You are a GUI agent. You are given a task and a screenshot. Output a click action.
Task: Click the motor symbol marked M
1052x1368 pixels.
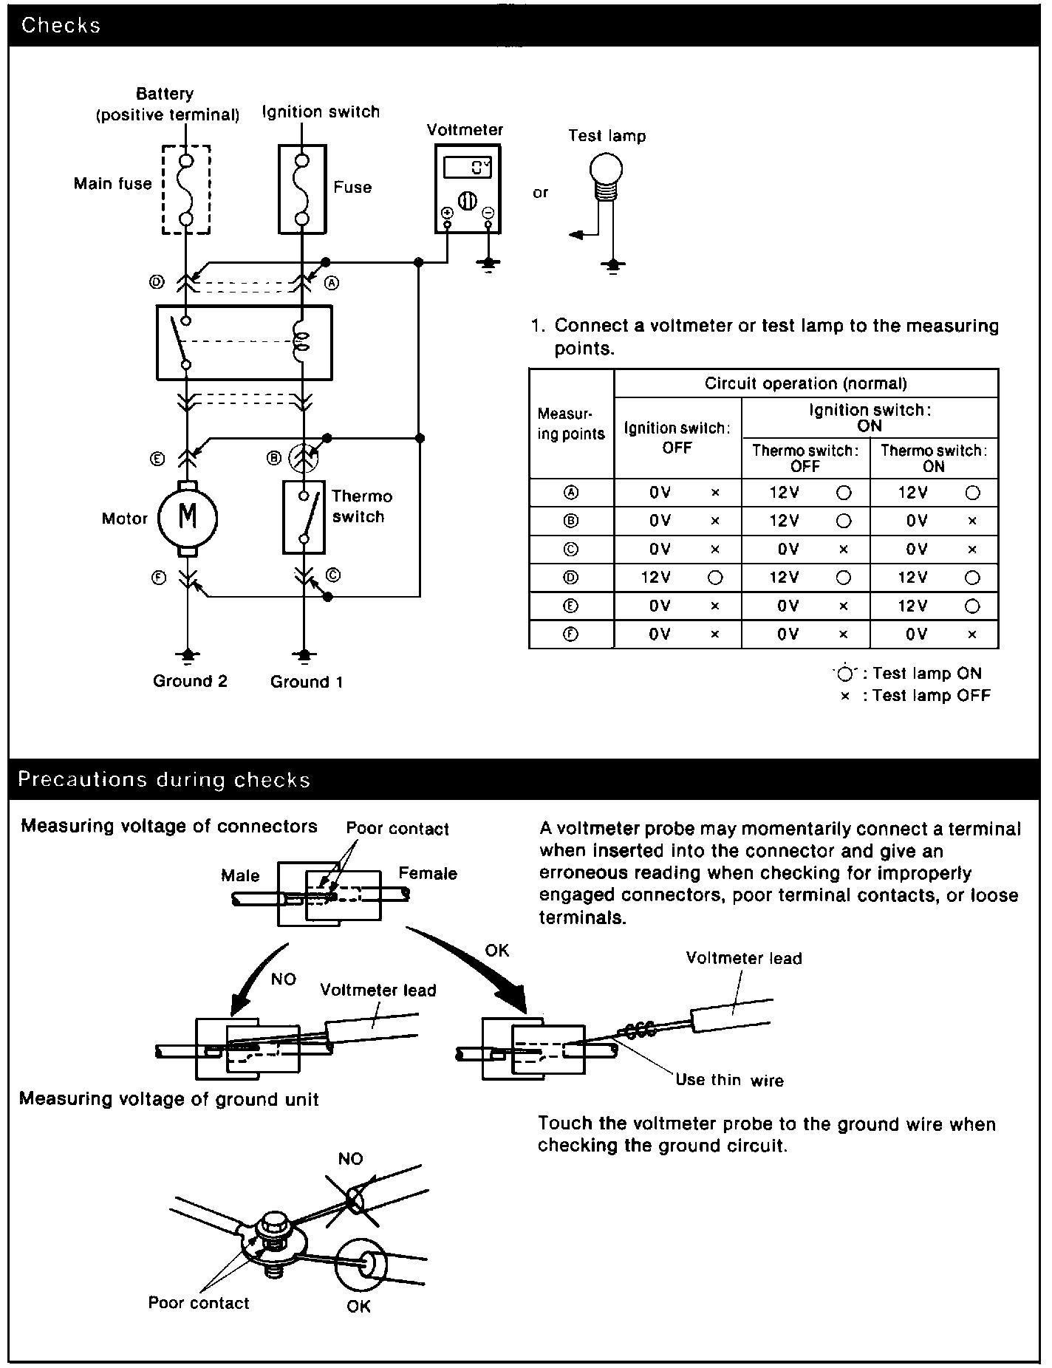188,518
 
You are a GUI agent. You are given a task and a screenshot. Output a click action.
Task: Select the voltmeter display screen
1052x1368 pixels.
466,167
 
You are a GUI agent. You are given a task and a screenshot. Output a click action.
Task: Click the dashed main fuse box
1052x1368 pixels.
186,190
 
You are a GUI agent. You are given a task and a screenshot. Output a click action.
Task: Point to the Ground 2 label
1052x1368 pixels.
190,681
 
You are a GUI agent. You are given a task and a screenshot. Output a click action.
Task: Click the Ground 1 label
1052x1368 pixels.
307,682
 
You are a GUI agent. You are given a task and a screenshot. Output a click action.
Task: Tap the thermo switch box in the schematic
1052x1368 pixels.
304,517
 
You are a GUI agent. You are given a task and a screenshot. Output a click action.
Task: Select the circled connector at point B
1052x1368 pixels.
302,458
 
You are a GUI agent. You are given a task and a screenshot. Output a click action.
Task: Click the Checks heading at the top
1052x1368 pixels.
61,25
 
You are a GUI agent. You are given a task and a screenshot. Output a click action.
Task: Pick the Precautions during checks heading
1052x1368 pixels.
164,780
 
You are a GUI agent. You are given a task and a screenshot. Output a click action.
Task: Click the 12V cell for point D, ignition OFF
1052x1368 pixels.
656,578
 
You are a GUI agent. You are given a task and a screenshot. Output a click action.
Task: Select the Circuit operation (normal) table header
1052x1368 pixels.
805,383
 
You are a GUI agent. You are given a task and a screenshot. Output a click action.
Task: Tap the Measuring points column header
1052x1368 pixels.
570,424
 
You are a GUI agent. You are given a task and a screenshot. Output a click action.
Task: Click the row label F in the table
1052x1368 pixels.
571,634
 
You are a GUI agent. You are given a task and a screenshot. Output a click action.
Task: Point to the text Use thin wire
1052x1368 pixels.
729,1080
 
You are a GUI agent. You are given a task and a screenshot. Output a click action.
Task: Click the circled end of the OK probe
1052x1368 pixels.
363,1265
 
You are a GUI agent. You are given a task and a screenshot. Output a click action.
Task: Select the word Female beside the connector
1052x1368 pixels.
428,873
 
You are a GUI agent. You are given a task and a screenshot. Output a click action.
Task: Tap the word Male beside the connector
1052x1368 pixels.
240,875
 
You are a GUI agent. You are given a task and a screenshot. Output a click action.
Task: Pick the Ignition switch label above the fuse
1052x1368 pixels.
321,112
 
